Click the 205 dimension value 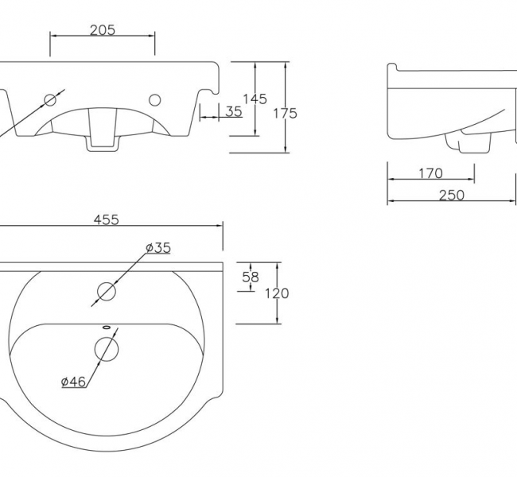(102, 30)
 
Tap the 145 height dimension (255, 99)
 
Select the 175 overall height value (285, 113)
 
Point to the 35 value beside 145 (233, 111)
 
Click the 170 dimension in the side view (430, 173)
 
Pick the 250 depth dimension (451, 195)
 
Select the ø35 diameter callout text (157, 247)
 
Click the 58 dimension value (251, 277)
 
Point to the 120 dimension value (277, 293)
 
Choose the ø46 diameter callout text (73, 382)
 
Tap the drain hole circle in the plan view (106, 348)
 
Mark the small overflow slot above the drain (106, 326)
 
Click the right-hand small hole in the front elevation (154, 100)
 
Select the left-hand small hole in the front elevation (51, 100)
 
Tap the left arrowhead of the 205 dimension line (52, 37)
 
